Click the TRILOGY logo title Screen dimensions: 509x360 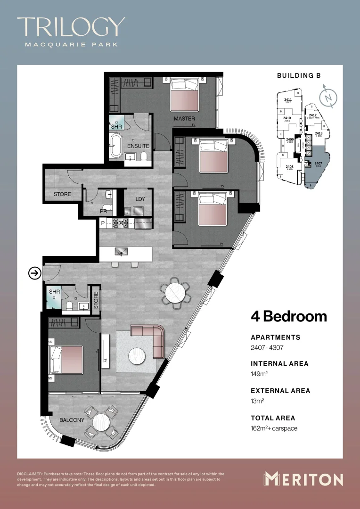(x=71, y=27)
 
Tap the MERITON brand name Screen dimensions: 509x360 (x=303, y=479)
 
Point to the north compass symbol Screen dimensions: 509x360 (x=328, y=97)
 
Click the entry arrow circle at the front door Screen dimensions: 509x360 (x=34, y=273)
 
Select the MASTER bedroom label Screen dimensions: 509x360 (x=184, y=118)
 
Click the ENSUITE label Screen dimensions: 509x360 (x=138, y=146)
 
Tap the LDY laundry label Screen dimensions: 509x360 (x=140, y=199)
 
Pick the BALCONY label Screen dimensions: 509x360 (x=72, y=420)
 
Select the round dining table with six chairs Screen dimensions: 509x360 (x=176, y=293)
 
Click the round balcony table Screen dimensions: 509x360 (x=102, y=422)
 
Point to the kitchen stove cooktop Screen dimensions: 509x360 (x=121, y=223)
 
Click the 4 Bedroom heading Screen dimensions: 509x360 (x=288, y=316)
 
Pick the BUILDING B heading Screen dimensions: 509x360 (x=302, y=75)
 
